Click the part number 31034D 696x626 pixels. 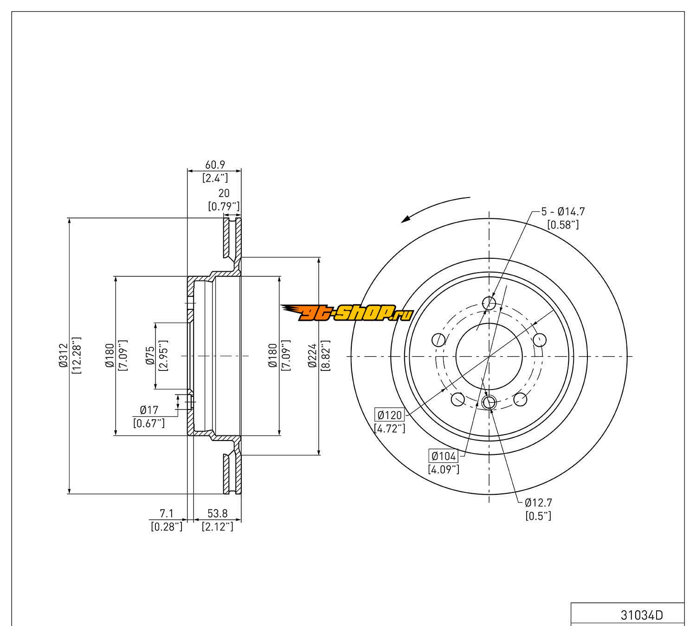tap(642, 615)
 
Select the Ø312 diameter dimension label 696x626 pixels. tap(64, 356)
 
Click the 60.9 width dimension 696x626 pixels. tap(214, 165)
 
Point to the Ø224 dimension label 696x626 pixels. tap(313, 356)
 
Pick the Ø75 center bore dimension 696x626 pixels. tap(149, 357)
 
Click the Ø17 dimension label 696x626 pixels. tap(149, 410)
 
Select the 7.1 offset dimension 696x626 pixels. tap(166, 513)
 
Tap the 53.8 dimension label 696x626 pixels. tap(217, 513)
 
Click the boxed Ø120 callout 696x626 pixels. tap(389, 415)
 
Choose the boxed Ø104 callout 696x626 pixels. tap(444, 456)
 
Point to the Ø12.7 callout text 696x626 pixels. tap(538, 502)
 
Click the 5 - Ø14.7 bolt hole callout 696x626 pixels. tap(563, 212)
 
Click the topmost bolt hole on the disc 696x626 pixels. tap(489, 303)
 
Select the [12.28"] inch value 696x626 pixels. tap(77, 356)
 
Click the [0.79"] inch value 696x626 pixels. tap(224, 206)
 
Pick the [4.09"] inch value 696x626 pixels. tap(444, 469)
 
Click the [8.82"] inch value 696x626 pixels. tap(325, 356)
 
